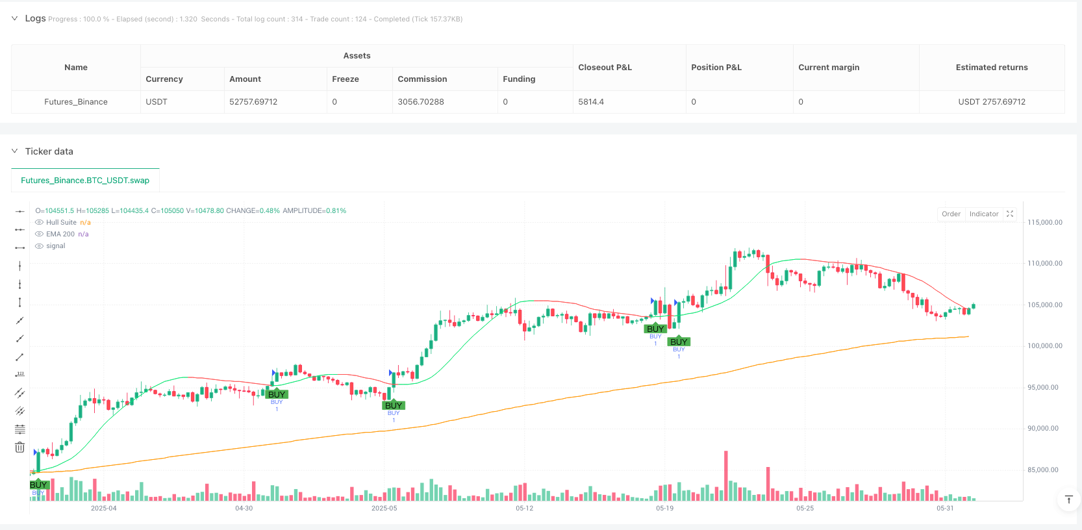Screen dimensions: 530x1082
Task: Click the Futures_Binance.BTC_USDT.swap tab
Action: click(x=85, y=181)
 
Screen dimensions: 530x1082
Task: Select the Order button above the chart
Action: click(x=951, y=214)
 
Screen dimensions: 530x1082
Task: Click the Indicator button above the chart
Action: click(x=983, y=214)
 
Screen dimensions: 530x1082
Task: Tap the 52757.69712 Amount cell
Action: click(x=253, y=102)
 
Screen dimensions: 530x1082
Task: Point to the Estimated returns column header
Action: click(x=991, y=68)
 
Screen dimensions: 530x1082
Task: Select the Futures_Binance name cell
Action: click(x=76, y=102)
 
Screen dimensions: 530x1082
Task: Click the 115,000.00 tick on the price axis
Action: click(x=1044, y=222)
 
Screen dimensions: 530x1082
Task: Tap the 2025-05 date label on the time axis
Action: click(x=384, y=508)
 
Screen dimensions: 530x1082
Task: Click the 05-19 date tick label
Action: click(x=664, y=508)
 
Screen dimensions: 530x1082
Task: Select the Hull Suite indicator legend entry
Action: click(x=61, y=222)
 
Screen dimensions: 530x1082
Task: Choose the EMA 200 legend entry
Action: click(x=60, y=234)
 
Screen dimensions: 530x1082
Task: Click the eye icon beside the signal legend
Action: click(x=40, y=246)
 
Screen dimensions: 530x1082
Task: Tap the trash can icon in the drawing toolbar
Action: click(x=20, y=448)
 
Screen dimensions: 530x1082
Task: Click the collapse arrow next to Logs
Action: click(x=14, y=19)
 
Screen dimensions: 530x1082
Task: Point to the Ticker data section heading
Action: click(x=49, y=151)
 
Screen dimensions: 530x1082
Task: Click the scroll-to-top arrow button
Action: click(x=1068, y=499)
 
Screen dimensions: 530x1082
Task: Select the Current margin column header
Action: click(x=828, y=68)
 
